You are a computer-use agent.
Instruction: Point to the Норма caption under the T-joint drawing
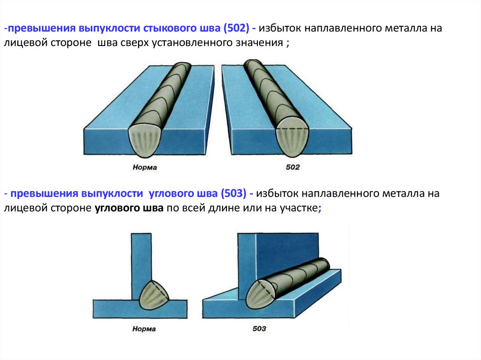144,329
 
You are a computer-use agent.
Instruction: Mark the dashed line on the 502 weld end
292,128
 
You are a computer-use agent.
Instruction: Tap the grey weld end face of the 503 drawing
259,295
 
